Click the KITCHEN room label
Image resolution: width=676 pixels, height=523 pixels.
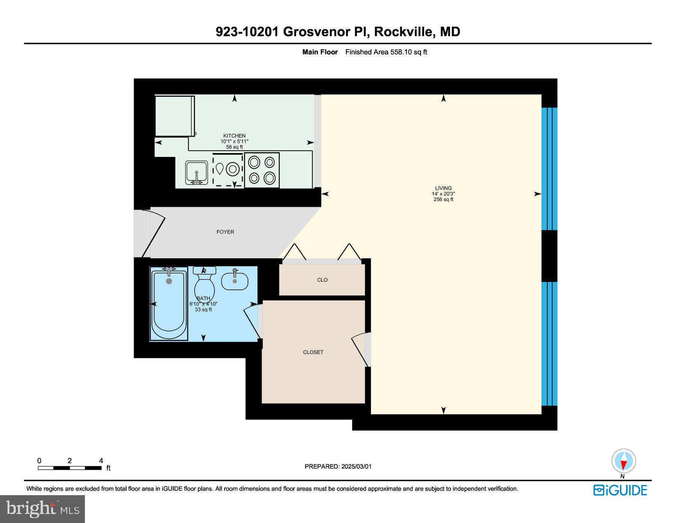234,136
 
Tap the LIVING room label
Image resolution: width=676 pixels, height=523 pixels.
443,188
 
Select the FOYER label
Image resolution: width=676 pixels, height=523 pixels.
225,232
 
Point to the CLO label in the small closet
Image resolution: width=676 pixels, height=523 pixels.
322,280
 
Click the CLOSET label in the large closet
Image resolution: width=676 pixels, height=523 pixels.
313,352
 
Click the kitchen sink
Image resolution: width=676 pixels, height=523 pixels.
196,173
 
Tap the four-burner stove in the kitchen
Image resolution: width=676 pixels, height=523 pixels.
262,170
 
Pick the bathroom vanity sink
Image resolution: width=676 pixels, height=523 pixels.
235,281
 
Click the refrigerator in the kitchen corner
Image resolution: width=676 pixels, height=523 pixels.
175,116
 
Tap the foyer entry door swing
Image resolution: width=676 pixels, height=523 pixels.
152,233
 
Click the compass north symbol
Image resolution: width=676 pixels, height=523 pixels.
623,461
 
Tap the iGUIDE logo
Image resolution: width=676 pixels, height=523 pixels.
620,490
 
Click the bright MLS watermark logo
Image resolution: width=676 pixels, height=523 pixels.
42,509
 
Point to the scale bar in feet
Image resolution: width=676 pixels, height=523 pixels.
70,468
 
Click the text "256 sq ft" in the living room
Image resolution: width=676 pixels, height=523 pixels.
443,200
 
